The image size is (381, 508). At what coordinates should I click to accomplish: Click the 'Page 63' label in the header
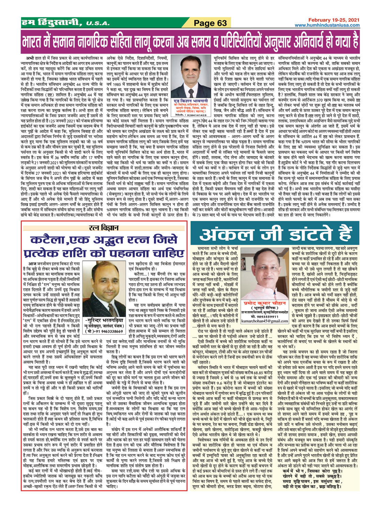pyautogui.click(x=210, y=23)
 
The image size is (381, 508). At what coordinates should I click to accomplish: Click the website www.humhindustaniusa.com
pyautogui.click(x=327, y=25)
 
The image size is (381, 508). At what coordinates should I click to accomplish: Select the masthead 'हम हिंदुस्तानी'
pyautogui.click(x=51, y=23)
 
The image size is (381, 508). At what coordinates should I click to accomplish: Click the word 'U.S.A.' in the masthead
pyautogui.click(x=98, y=24)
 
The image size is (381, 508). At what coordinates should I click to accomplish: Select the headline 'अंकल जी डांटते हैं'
pyautogui.click(x=276, y=235)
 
